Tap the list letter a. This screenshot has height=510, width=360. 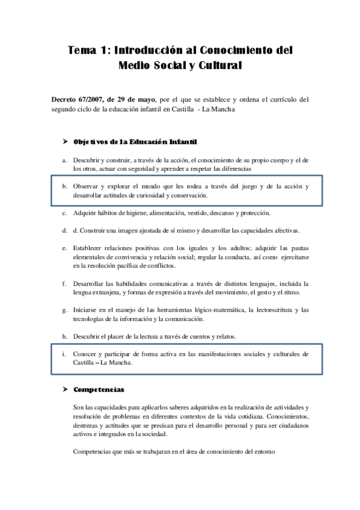coord(64,161)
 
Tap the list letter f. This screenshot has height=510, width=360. coord(64,283)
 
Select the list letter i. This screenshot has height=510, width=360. coord(64,354)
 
